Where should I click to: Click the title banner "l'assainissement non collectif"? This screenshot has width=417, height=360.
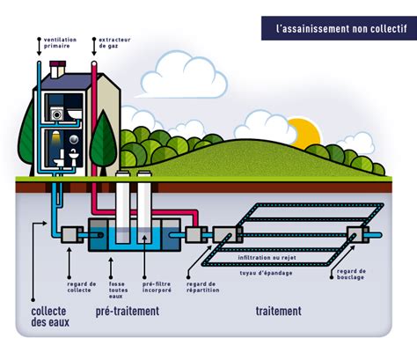click(339, 28)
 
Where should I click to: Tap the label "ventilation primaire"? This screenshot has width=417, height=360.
click(60, 43)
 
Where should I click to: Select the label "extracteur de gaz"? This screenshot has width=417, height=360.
click(114, 43)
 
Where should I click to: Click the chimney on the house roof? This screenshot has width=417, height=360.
click(57, 70)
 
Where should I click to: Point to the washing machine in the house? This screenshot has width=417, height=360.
click(56, 114)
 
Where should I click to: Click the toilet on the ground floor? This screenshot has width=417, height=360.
click(60, 158)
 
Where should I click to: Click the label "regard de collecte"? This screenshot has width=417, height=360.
click(82, 287)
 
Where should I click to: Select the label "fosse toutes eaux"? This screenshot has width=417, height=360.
click(118, 290)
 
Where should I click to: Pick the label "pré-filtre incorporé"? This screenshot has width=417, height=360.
click(157, 287)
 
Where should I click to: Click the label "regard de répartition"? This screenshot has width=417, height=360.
click(202, 287)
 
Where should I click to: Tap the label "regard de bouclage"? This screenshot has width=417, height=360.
click(351, 274)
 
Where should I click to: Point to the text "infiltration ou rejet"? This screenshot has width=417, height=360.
click(267, 258)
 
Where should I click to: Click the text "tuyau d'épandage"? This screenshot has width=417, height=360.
click(266, 273)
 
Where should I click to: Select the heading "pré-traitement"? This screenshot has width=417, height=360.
click(128, 311)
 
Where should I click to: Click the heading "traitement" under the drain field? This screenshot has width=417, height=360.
click(279, 311)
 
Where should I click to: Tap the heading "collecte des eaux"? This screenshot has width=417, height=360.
click(50, 317)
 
